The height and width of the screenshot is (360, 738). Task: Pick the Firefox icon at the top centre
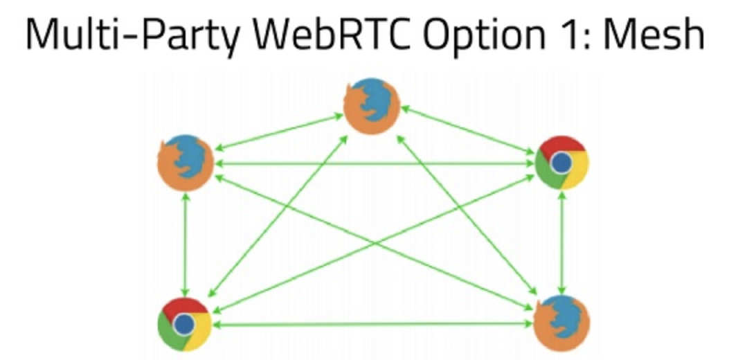pos(372,107)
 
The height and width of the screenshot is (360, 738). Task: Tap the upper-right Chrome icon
pos(561,163)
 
